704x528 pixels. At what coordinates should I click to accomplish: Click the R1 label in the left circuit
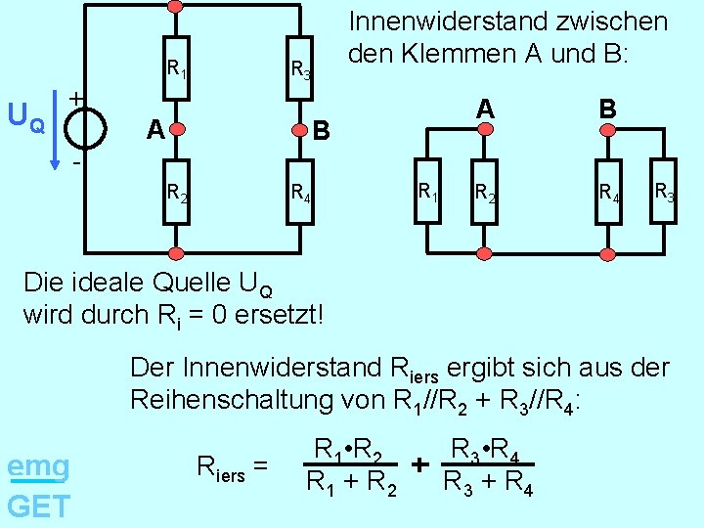(x=177, y=68)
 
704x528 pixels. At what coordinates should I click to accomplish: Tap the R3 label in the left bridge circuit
(x=300, y=68)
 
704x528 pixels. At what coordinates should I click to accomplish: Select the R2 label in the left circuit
(x=177, y=193)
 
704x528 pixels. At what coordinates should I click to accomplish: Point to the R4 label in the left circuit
(x=300, y=193)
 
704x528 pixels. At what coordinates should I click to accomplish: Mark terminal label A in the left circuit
(x=154, y=129)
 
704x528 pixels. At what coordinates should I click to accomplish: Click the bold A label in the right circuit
(x=483, y=109)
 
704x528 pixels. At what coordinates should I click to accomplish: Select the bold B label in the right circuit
(x=608, y=109)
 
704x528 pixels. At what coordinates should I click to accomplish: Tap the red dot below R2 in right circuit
(x=483, y=255)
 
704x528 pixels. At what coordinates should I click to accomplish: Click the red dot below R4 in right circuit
(x=608, y=255)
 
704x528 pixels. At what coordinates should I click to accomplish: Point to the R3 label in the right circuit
(x=663, y=191)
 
